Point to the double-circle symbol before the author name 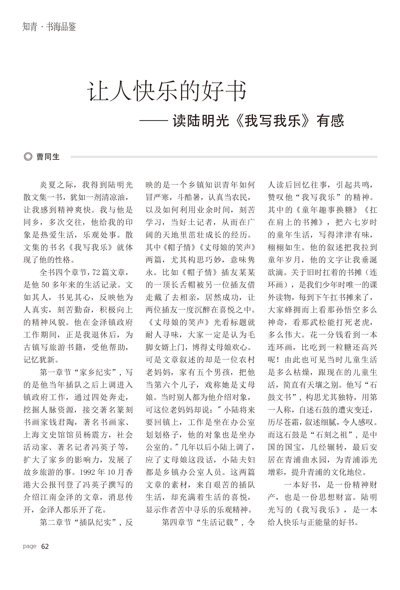[x=28, y=157]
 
